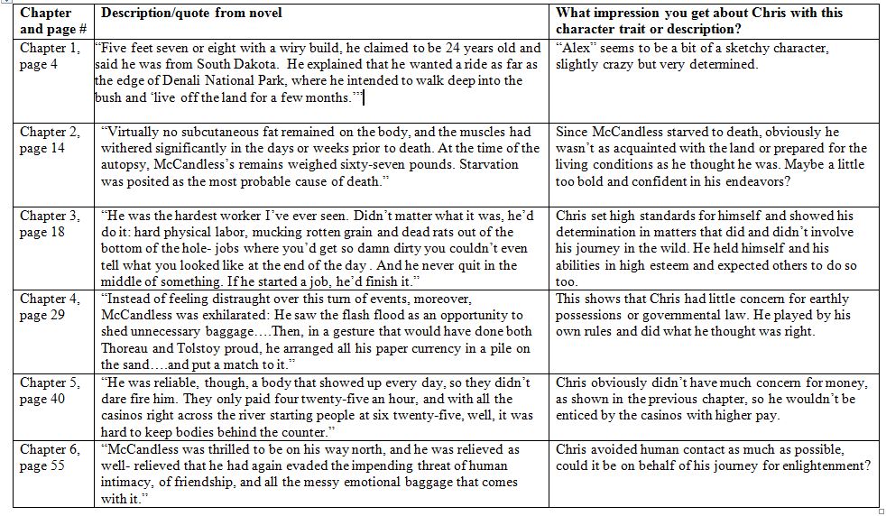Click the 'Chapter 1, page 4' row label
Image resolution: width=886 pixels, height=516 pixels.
(50, 56)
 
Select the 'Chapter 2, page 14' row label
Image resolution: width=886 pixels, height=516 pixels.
(50, 140)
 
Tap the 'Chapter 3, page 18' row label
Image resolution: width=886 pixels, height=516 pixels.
(50, 224)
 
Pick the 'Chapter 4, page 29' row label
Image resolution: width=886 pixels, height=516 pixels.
(50, 307)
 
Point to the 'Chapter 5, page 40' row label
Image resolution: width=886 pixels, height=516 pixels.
(50, 391)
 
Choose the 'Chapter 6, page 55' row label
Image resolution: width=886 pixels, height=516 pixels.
(50, 457)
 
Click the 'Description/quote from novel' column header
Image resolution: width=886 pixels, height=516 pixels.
(191, 14)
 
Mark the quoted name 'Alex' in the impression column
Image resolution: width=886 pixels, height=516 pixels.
(578, 48)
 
